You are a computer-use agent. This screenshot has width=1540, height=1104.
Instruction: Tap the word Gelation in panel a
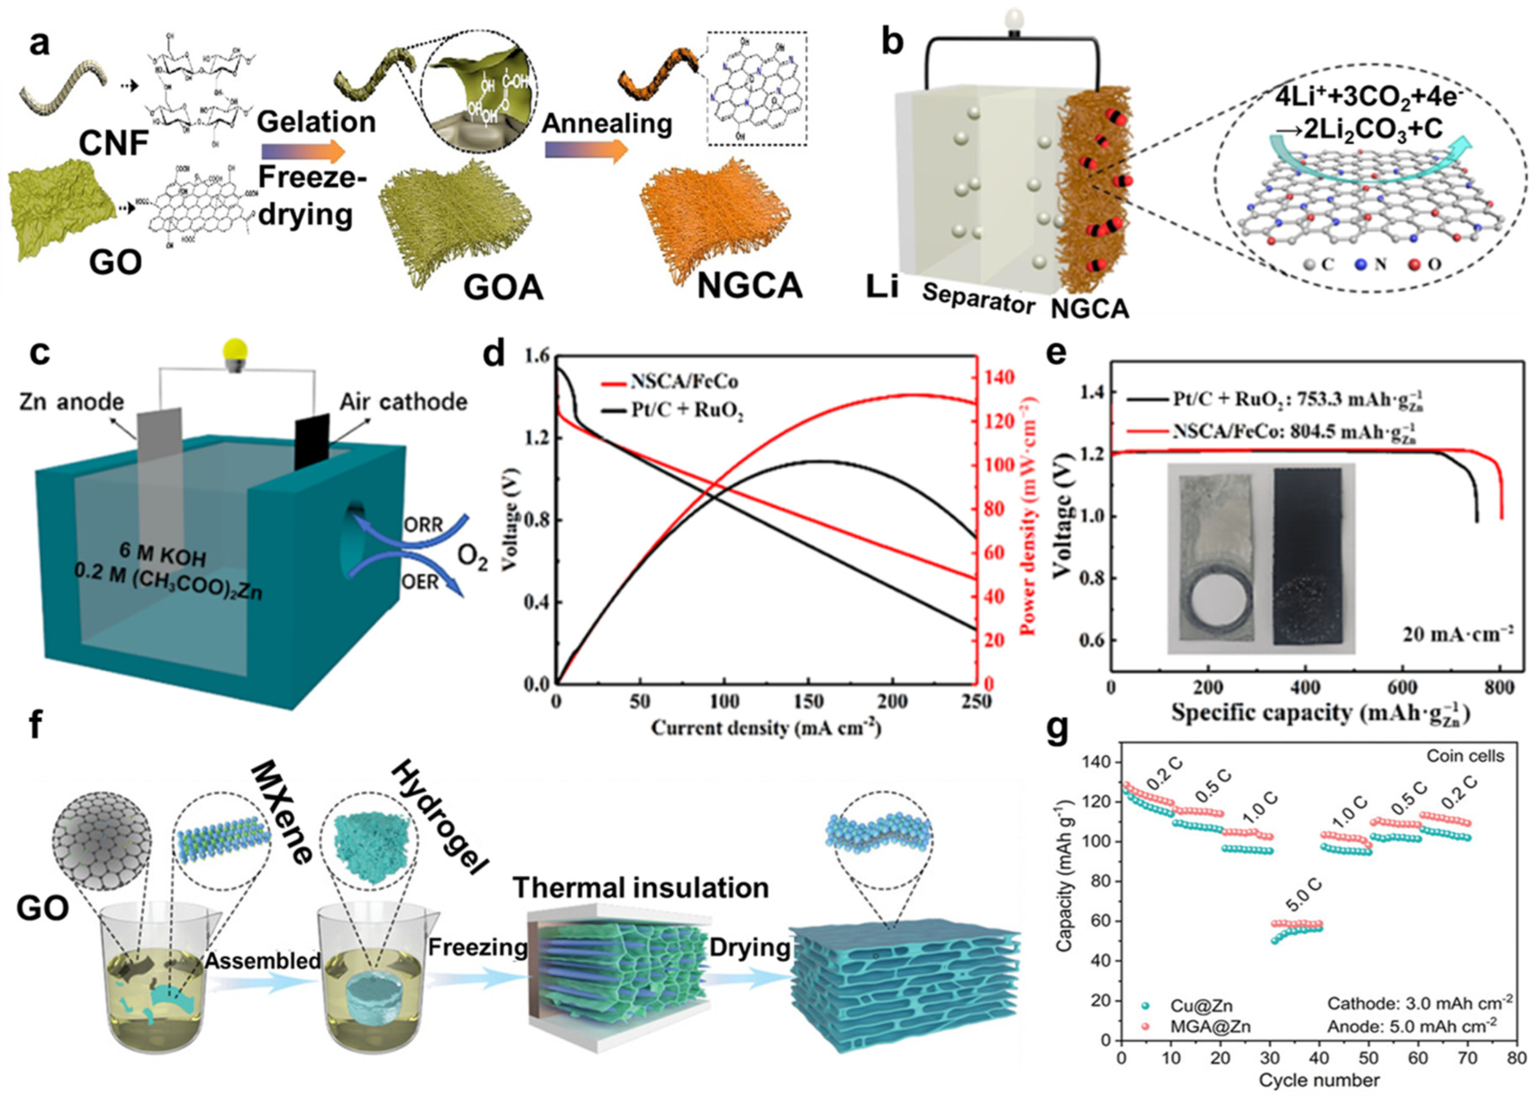316,122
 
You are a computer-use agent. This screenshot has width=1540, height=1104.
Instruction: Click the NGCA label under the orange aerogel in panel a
749,285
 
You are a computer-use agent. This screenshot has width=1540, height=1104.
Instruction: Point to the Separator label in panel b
978,297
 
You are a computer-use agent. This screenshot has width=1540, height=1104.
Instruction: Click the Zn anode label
71,402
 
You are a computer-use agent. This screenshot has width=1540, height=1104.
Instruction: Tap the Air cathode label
403,402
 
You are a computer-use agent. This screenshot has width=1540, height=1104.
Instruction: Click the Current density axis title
766,728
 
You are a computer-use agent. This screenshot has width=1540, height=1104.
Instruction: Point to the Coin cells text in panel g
1465,756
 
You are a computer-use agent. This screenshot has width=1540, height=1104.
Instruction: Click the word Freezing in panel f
477,947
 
